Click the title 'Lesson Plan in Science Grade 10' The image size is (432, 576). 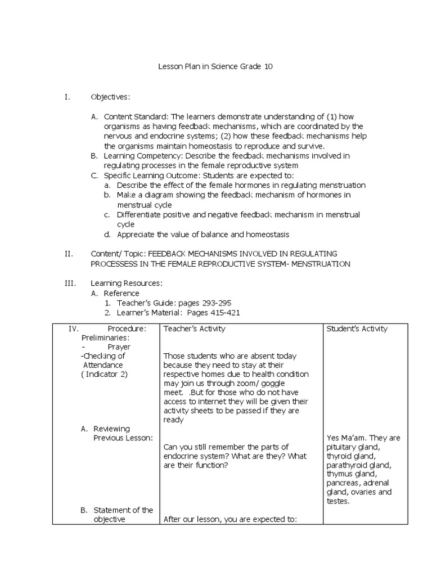click(x=217, y=67)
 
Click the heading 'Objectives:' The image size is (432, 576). click(x=110, y=97)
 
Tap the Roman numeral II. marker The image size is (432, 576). click(x=69, y=254)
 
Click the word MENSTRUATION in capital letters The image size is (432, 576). click(x=321, y=264)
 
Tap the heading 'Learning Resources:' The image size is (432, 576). click(x=127, y=283)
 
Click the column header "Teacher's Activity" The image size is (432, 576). click(x=194, y=328)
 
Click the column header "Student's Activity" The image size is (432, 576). click(x=357, y=328)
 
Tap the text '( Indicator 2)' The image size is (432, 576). click(x=105, y=375)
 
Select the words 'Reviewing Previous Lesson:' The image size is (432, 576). click(x=123, y=433)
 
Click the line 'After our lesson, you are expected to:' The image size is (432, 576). click(x=229, y=519)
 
